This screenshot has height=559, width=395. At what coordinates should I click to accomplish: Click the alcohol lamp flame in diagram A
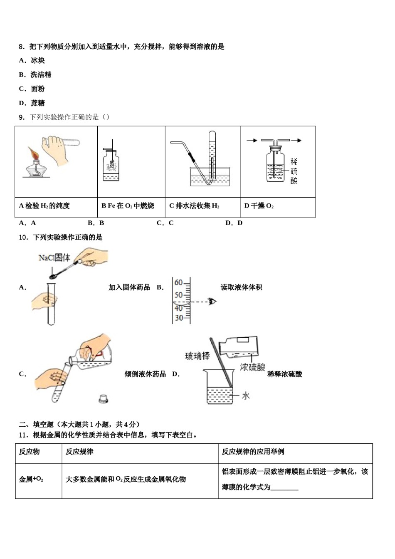click(x=33, y=153)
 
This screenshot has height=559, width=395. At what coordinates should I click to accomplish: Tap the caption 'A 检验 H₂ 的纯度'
click(x=44, y=206)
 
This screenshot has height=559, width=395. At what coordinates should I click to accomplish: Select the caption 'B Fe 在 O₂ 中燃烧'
click(x=128, y=206)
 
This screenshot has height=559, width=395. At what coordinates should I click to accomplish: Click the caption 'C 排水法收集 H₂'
click(x=194, y=206)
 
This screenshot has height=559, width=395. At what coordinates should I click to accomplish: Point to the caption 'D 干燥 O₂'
click(x=259, y=206)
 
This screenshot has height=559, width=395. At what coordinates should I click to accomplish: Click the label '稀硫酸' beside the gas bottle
click(x=294, y=171)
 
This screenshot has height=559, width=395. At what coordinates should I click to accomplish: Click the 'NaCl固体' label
click(x=54, y=258)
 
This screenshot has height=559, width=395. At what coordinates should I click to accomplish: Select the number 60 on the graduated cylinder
click(x=178, y=283)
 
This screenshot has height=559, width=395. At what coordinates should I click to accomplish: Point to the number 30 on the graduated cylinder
click(x=178, y=318)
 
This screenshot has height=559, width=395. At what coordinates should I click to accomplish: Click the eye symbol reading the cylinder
click(x=213, y=302)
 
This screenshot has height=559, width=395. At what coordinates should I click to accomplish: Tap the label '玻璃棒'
click(x=197, y=356)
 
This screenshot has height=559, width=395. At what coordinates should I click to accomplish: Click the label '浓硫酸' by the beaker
click(x=252, y=367)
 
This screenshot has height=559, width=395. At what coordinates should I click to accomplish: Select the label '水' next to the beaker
click(x=246, y=396)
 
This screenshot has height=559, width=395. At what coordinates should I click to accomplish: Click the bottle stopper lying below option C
click(x=104, y=398)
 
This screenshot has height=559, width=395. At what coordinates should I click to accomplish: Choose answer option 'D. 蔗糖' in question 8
click(x=32, y=103)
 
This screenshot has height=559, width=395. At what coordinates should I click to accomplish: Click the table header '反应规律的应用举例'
click(x=253, y=452)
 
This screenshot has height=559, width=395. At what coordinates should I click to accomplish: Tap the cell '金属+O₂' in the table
click(x=31, y=480)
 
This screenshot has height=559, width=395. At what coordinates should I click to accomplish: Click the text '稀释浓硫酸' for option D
click(x=284, y=374)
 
